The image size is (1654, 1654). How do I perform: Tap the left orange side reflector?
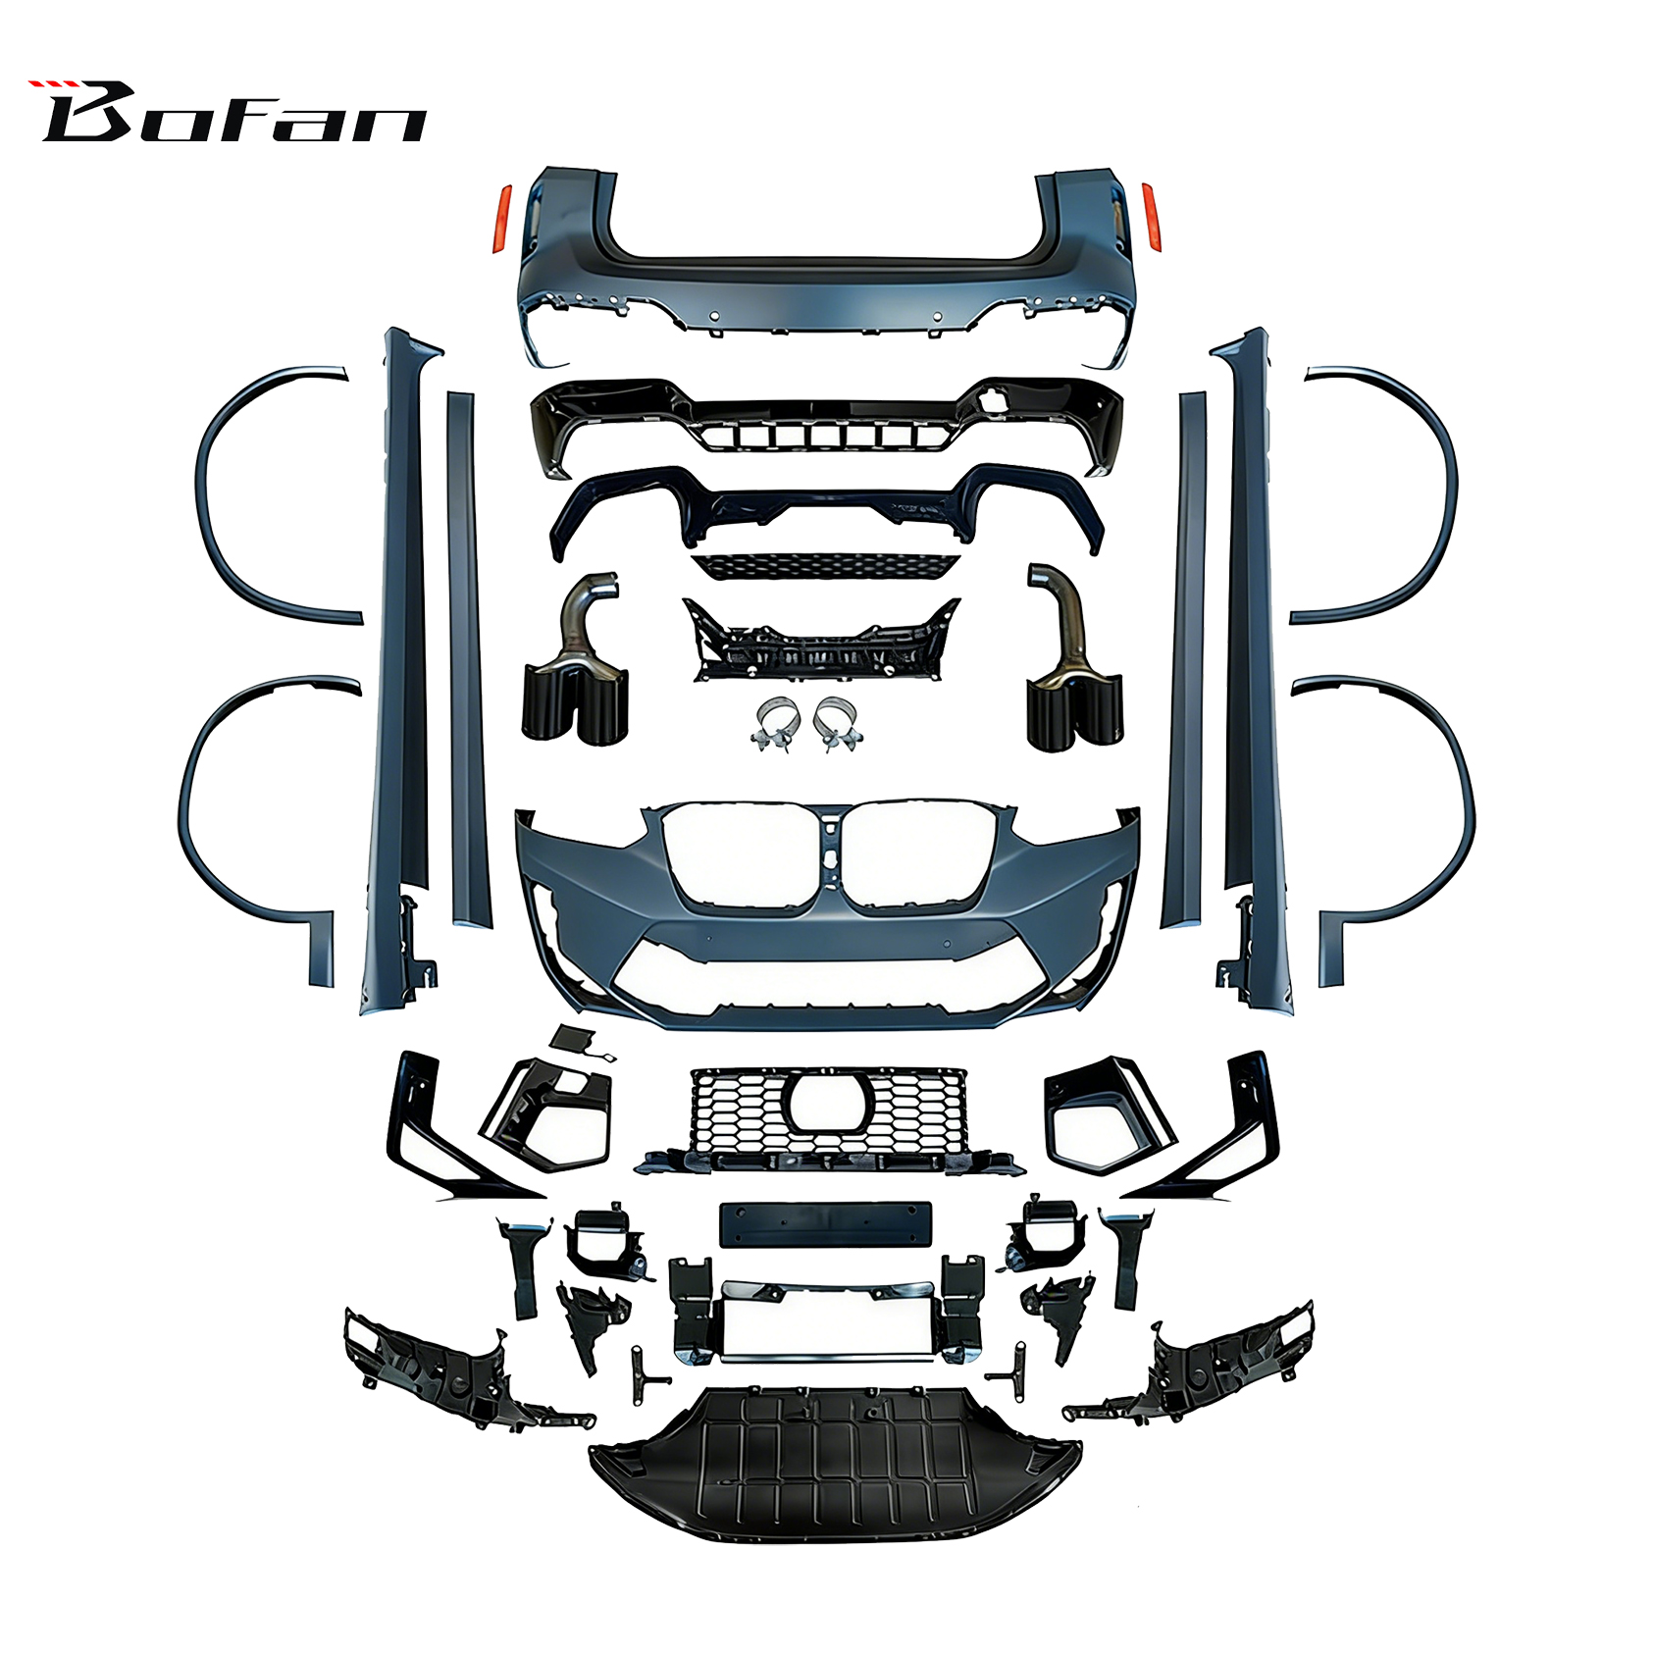[502, 218]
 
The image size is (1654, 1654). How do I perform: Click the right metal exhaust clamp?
[838, 724]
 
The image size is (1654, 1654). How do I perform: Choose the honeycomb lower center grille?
[829, 1118]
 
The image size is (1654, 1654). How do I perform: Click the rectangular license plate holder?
[825, 1224]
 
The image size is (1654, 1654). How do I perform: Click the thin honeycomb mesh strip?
[824, 566]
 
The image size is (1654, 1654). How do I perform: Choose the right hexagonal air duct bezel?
[1107, 1114]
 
